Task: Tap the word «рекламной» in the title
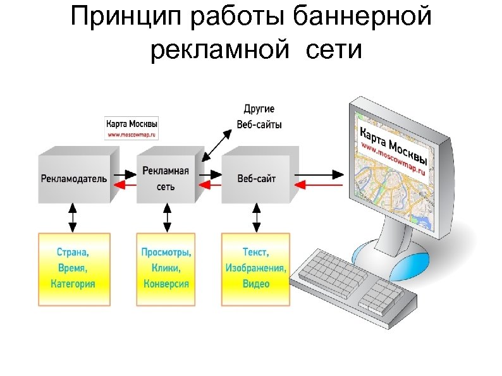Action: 219,49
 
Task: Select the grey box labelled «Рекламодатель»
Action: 75,178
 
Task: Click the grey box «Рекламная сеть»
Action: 166,178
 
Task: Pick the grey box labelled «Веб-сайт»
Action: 256,178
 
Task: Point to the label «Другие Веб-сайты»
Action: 259,117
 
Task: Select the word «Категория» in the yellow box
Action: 73,284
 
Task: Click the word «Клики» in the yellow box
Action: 166,268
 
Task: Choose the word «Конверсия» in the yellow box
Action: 166,284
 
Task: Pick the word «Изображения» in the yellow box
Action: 255,268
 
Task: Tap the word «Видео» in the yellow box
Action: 255,284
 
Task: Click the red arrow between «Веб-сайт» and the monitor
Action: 319,185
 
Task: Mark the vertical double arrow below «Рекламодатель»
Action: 73,217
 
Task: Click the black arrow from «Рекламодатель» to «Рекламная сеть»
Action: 126,173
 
